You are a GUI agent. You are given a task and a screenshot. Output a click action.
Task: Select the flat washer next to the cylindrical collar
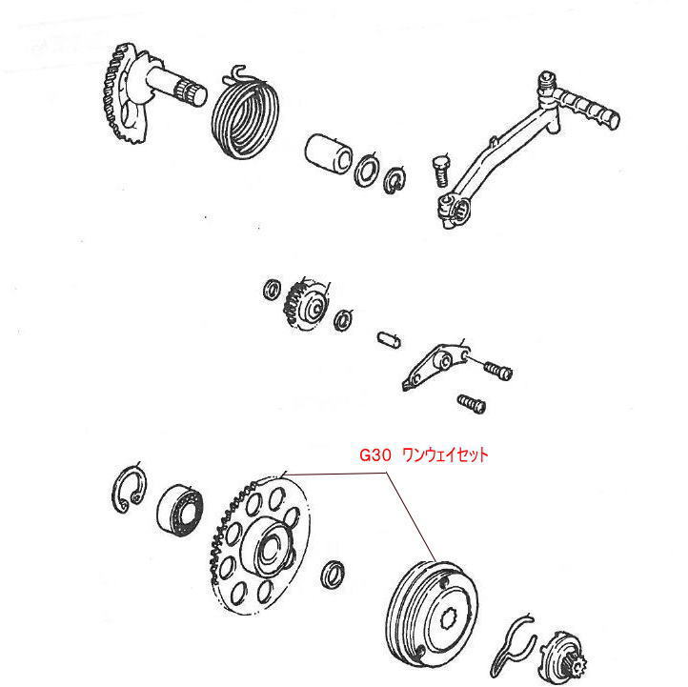click(365, 172)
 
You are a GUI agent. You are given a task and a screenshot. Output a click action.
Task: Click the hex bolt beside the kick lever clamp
click(440, 171)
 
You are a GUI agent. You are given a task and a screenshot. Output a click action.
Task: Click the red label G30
click(374, 456)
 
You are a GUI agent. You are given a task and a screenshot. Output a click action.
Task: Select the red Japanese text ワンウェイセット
click(445, 456)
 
